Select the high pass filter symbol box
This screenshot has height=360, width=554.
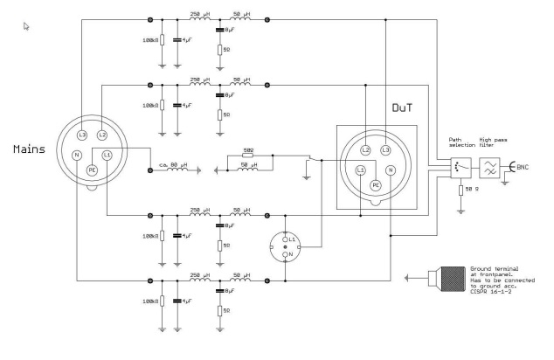[x=487, y=166]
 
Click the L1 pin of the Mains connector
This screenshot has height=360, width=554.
[x=107, y=155]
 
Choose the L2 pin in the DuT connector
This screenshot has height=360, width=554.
[x=367, y=150]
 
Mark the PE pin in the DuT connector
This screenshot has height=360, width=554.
[x=377, y=185]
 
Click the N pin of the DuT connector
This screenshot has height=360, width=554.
[x=391, y=169]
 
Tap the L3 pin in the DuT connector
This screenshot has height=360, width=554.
[x=386, y=150]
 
